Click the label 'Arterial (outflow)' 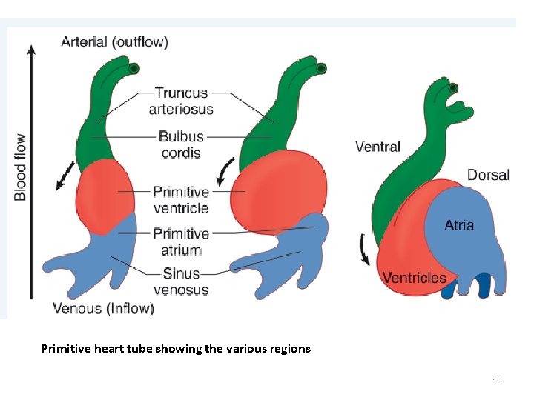click(x=114, y=42)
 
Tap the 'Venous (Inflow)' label click(x=103, y=308)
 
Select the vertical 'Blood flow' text click(x=20, y=167)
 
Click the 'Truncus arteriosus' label click(x=182, y=101)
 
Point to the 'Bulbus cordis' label click(x=181, y=144)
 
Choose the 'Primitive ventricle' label click(x=181, y=200)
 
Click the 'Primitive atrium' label click(x=181, y=241)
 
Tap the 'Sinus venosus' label click(x=181, y=281)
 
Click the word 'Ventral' click(x=378, y=147)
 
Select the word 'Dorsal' click(x=488, y=175)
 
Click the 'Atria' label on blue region click(x=459, y=225)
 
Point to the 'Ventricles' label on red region click(x=414, y=278)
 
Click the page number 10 click(x=497, y=381)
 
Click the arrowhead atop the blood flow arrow click(x=30, y=50)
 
